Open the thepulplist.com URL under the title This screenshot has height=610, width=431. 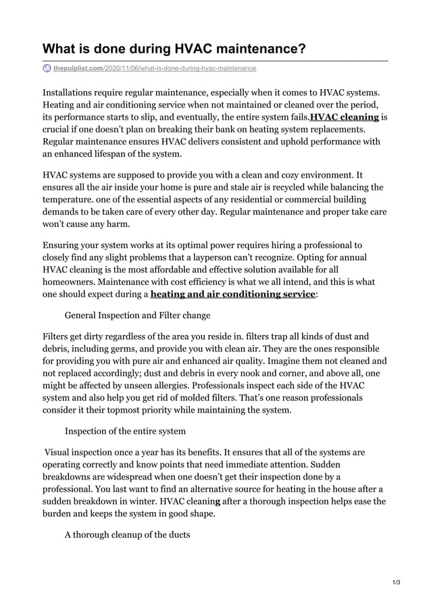(x=154, y=68)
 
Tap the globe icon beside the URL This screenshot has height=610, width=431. (x=47, y=68)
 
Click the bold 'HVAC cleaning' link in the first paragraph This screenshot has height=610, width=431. (x=344, y=117)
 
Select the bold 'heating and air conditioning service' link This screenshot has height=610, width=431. (x=232, y=294)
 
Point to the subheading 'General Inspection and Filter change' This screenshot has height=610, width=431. (x=137, y=315)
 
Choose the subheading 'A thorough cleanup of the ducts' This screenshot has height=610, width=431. (x=127, y=534)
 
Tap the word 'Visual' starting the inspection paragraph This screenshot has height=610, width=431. (x=61, y=451)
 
